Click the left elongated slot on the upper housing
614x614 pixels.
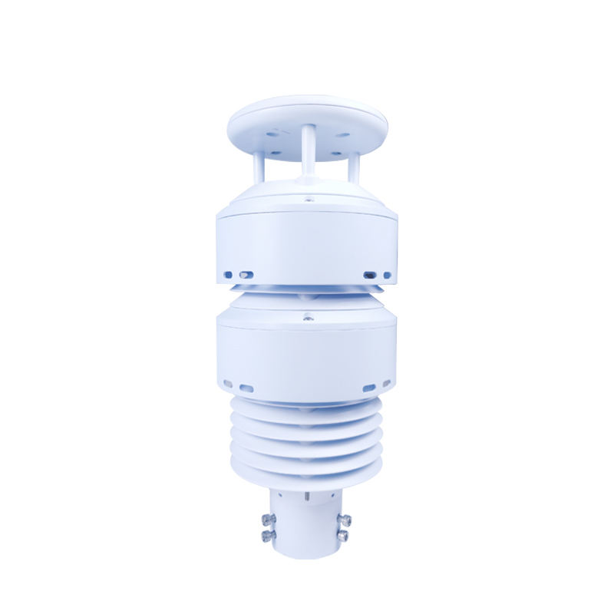(246, 274)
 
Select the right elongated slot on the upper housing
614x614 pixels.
(369, 274)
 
